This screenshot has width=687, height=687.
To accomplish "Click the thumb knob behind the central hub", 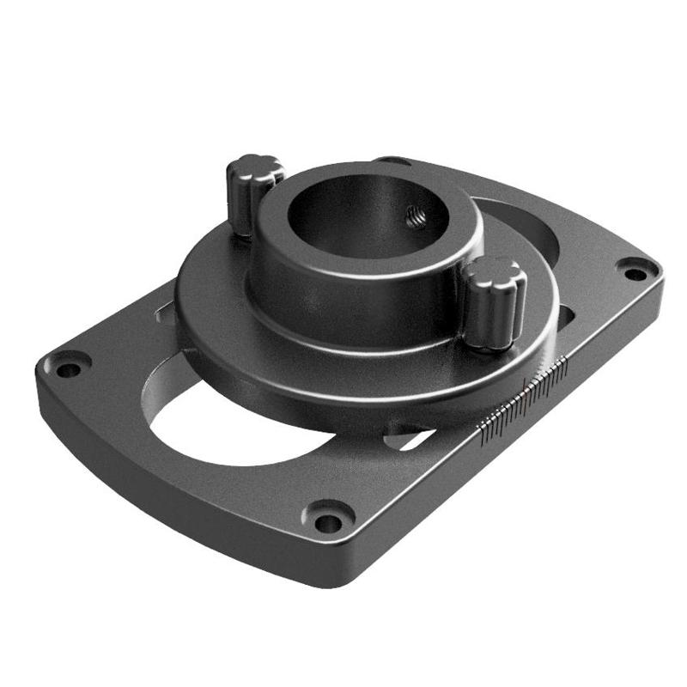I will pyautogui.click(x=253, y=180).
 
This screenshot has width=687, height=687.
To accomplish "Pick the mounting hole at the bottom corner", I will pyautogui.click(x=327, y=518).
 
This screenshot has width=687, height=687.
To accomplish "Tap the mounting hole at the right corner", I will pyautogui.click(x=635, y=274).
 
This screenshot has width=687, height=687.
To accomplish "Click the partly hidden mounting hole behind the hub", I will pyautogui.click(x=392, y=160).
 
